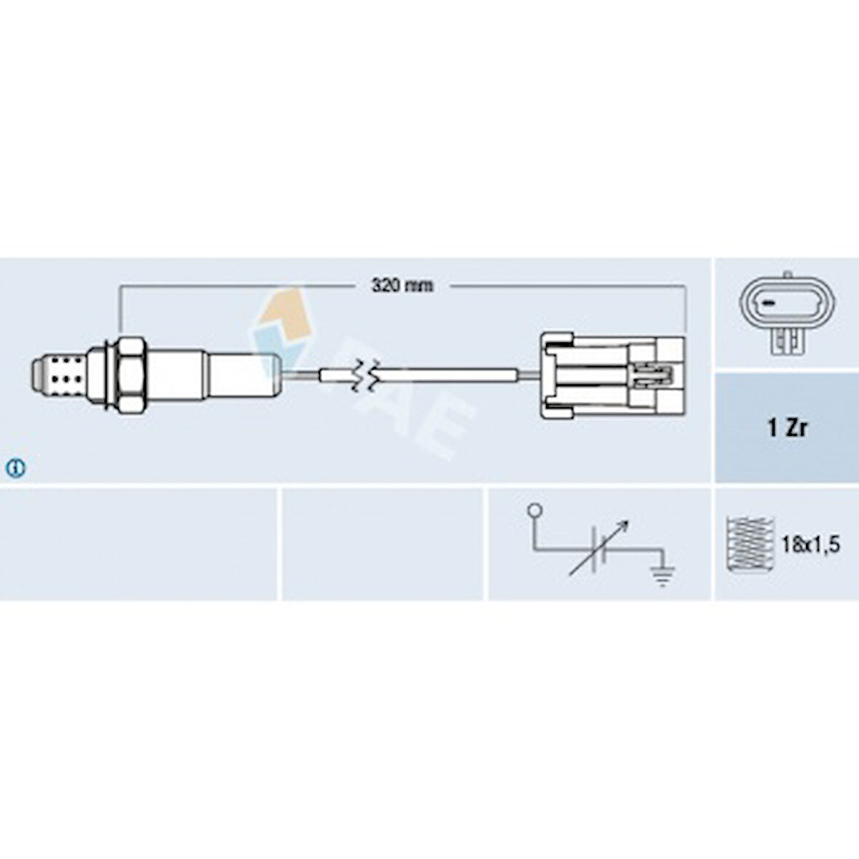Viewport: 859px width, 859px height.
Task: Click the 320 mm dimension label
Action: tap(402, 285)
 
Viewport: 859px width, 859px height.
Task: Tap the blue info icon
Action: tap(15, 468)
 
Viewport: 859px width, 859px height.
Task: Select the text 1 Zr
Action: tap(787, 428)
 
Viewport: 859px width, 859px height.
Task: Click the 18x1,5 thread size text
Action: tap(810, 545)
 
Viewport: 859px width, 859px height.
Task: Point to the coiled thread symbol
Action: tap(749, 544)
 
